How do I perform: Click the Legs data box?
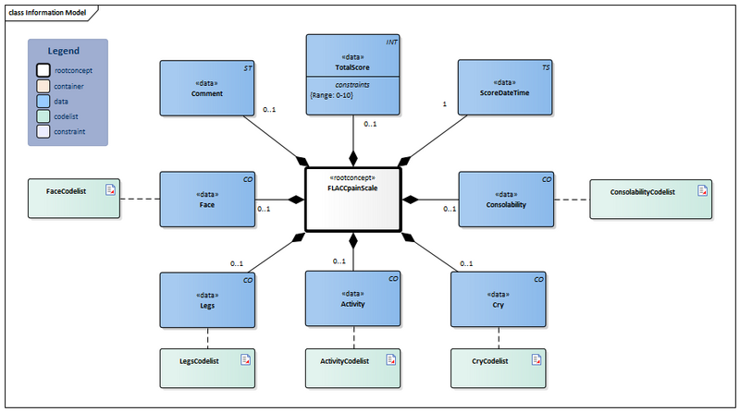(x=207, y=300)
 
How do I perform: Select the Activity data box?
(x=353, y=300)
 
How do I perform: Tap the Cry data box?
(x=497, y=300)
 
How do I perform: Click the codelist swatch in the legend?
(x=43, y=116)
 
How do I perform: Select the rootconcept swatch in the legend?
(x=43, y=69)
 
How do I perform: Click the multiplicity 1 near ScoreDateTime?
(x=445, y=104)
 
